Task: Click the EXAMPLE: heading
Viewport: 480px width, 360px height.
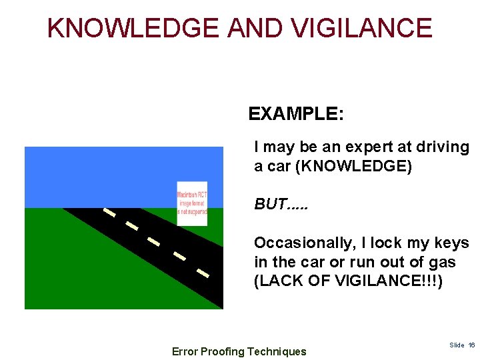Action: (x=296, y=114)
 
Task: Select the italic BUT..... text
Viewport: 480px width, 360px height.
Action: (x=282, y=204)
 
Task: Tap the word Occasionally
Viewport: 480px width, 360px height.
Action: (x=301, y=243)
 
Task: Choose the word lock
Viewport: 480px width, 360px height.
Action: (x=385, y=243)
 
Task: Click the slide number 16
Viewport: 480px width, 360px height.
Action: (x=471, y=345)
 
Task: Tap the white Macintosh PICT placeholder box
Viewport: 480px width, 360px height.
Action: (x=192, y=203)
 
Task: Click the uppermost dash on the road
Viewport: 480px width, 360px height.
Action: (x=109, y=213)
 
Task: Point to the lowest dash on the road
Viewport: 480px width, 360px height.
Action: (x=203, y=272)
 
